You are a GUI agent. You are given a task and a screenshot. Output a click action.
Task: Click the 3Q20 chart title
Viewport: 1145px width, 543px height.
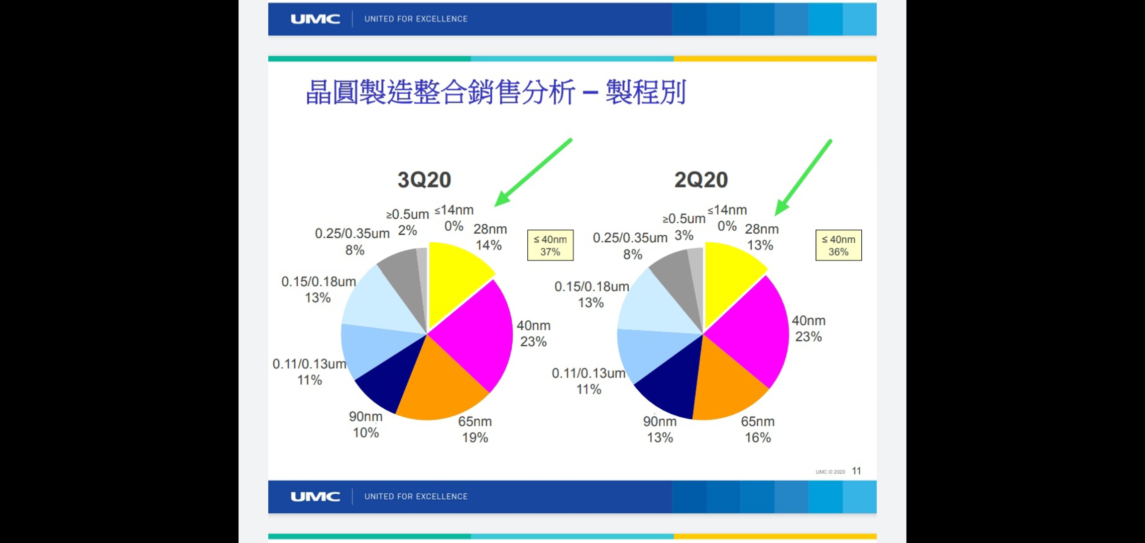424,180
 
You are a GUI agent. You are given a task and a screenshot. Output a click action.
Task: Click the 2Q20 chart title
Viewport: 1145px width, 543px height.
701,180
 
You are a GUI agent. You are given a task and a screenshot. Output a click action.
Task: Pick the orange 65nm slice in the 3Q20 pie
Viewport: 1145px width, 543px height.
439,387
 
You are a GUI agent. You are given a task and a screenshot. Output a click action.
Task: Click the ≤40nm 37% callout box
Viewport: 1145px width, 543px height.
550,245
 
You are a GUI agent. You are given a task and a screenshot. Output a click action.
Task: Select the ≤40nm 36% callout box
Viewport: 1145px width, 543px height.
838,245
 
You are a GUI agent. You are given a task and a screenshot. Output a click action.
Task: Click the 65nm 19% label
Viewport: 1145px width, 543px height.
475,429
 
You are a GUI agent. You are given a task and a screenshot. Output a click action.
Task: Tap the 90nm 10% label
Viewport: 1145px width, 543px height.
366,424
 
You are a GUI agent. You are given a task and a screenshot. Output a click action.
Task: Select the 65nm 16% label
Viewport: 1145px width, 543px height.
758,429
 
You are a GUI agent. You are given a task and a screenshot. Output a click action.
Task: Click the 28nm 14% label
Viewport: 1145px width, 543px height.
490,237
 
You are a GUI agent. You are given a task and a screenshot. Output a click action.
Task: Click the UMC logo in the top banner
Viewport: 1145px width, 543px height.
315,19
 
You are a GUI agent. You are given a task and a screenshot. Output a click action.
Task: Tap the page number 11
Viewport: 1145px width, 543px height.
856,471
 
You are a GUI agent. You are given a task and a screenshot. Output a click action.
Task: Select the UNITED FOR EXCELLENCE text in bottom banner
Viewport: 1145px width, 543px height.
416,497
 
